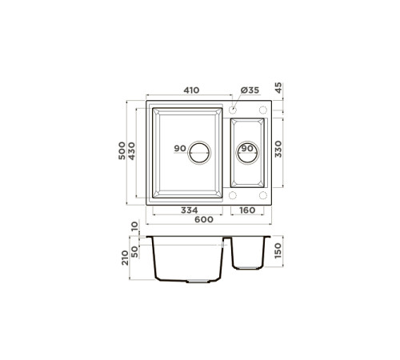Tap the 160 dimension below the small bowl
point(247,211)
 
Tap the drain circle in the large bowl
point(198,151)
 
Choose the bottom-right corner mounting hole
point(264,195)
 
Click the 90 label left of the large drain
point(179,150)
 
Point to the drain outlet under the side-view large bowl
point(196,282)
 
